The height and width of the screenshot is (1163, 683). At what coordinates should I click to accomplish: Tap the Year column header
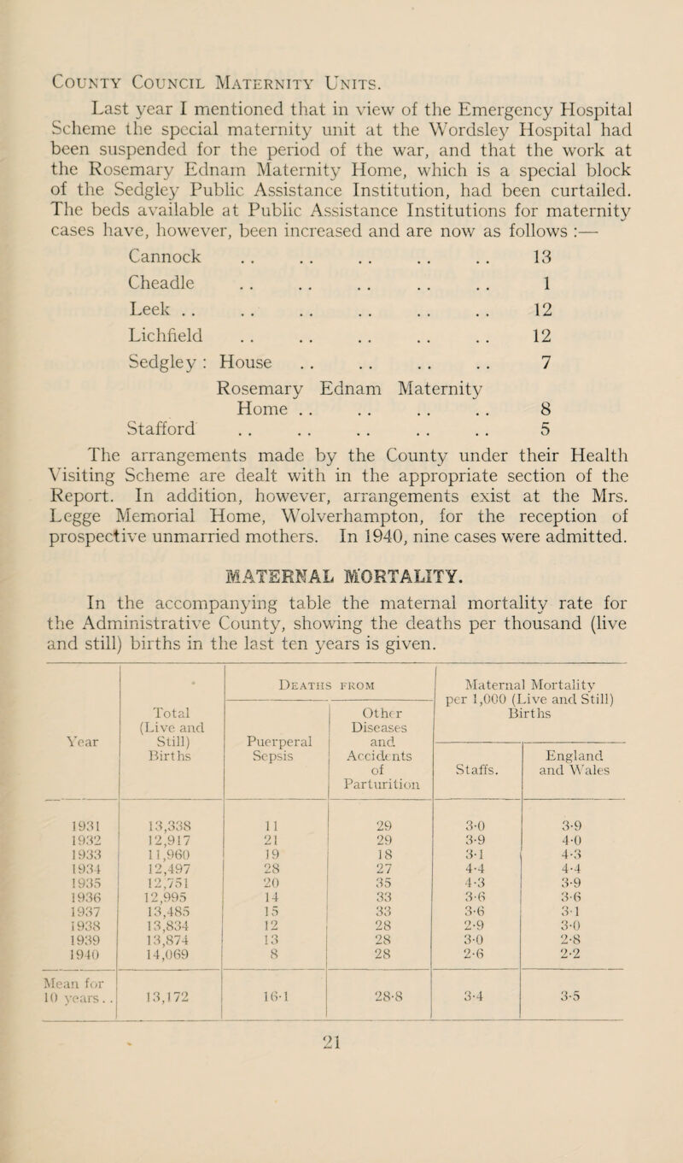point(75,692)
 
